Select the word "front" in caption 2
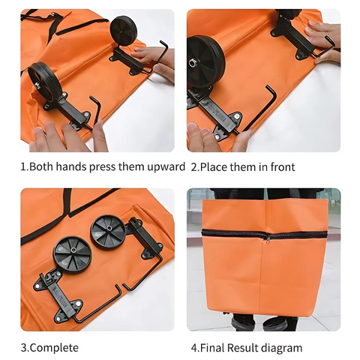tap(283, 167)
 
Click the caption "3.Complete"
tap(49, 348)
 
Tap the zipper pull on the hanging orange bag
tap(268, 238)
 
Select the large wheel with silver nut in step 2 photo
tap(205, 61)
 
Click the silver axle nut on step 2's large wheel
tap(192, 62)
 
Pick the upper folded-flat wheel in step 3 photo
tap(108, 232)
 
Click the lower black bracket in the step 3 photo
tap(58, 294)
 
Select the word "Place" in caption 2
tap(214, 167)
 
